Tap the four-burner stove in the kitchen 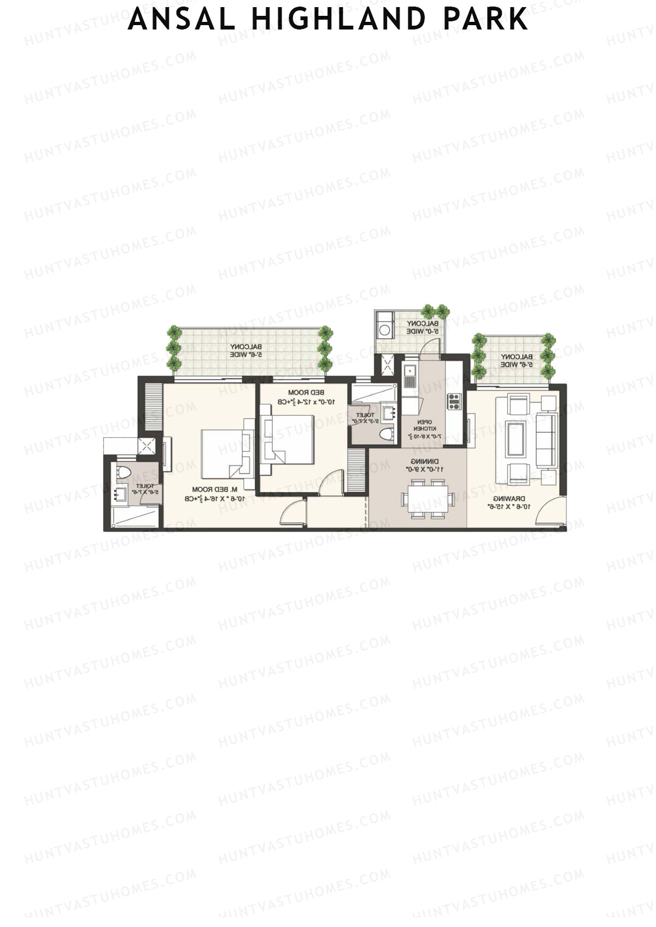pos(454,401)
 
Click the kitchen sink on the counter pos(409,375)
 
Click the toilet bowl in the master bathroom pos(124,473)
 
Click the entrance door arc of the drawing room pos(549,513)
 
